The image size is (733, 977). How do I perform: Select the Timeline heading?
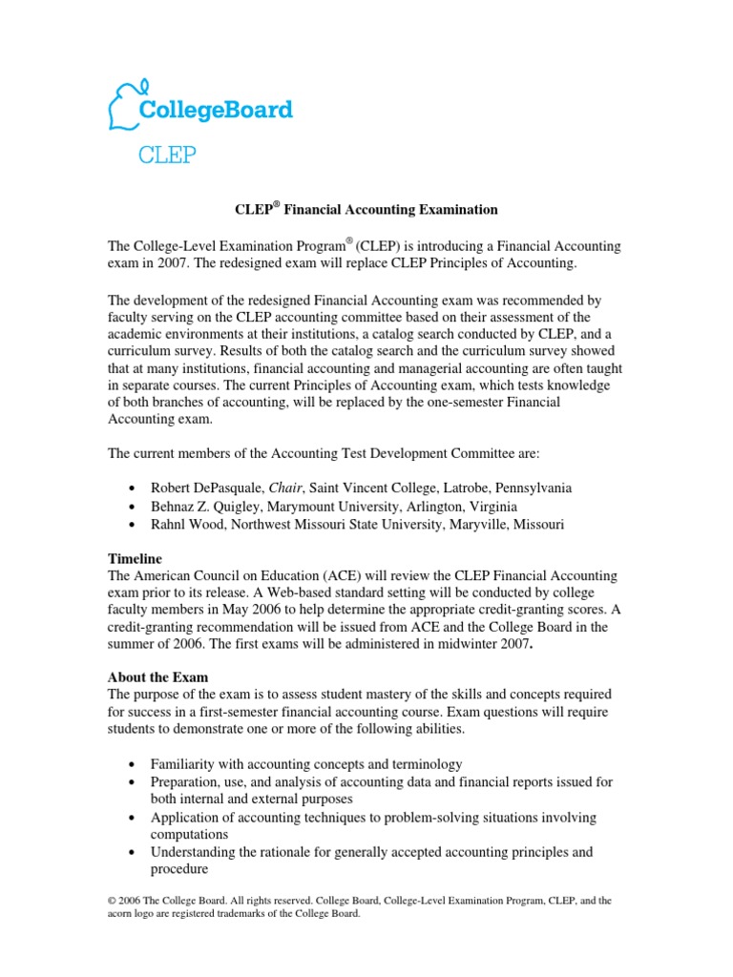click(x=135, y=558)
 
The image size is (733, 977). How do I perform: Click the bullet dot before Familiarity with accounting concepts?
click(x=130, y=765)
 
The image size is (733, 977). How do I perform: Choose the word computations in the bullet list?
click(x=193, y=834)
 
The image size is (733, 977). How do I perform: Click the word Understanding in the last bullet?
click(x=196, y=851)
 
